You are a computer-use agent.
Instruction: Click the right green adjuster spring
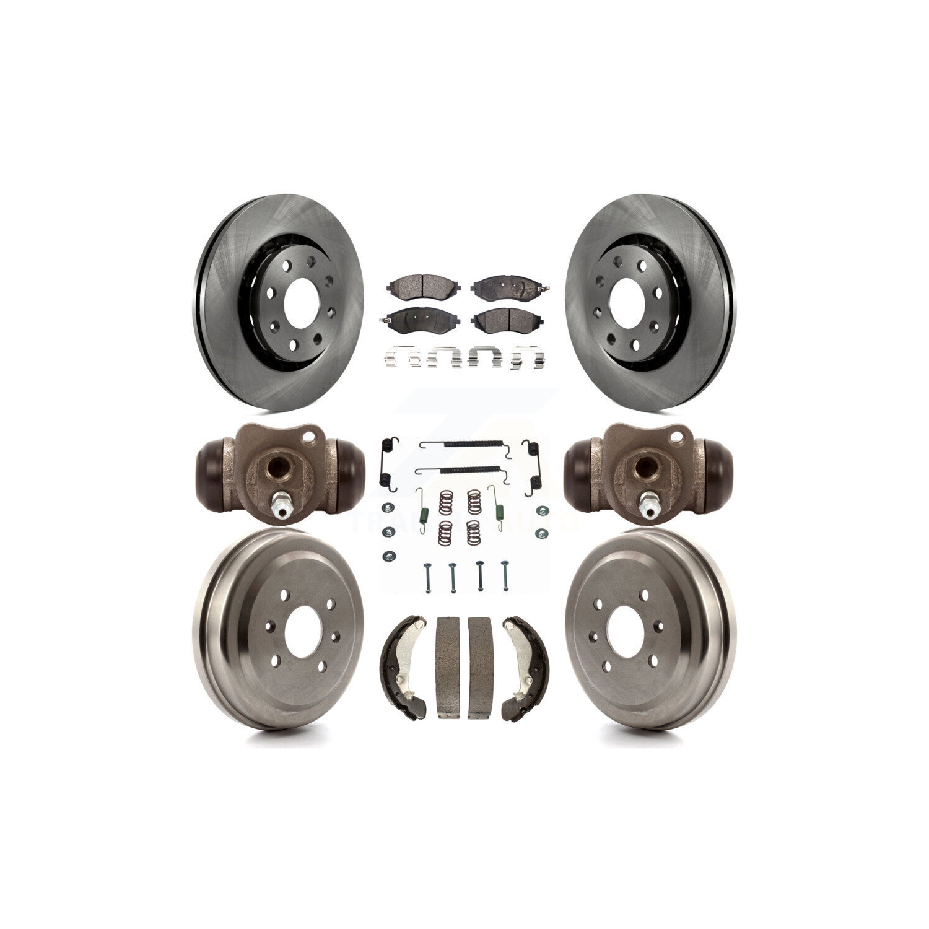click(x=497, y=501)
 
